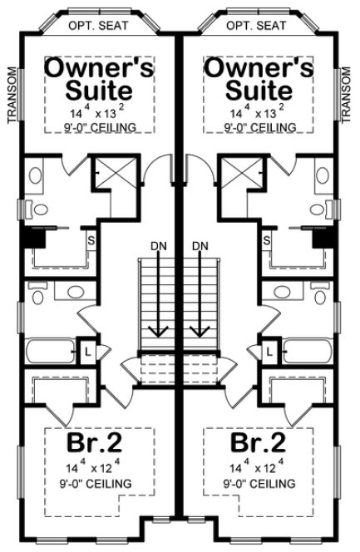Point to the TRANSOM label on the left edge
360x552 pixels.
[x=11, y=95]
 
